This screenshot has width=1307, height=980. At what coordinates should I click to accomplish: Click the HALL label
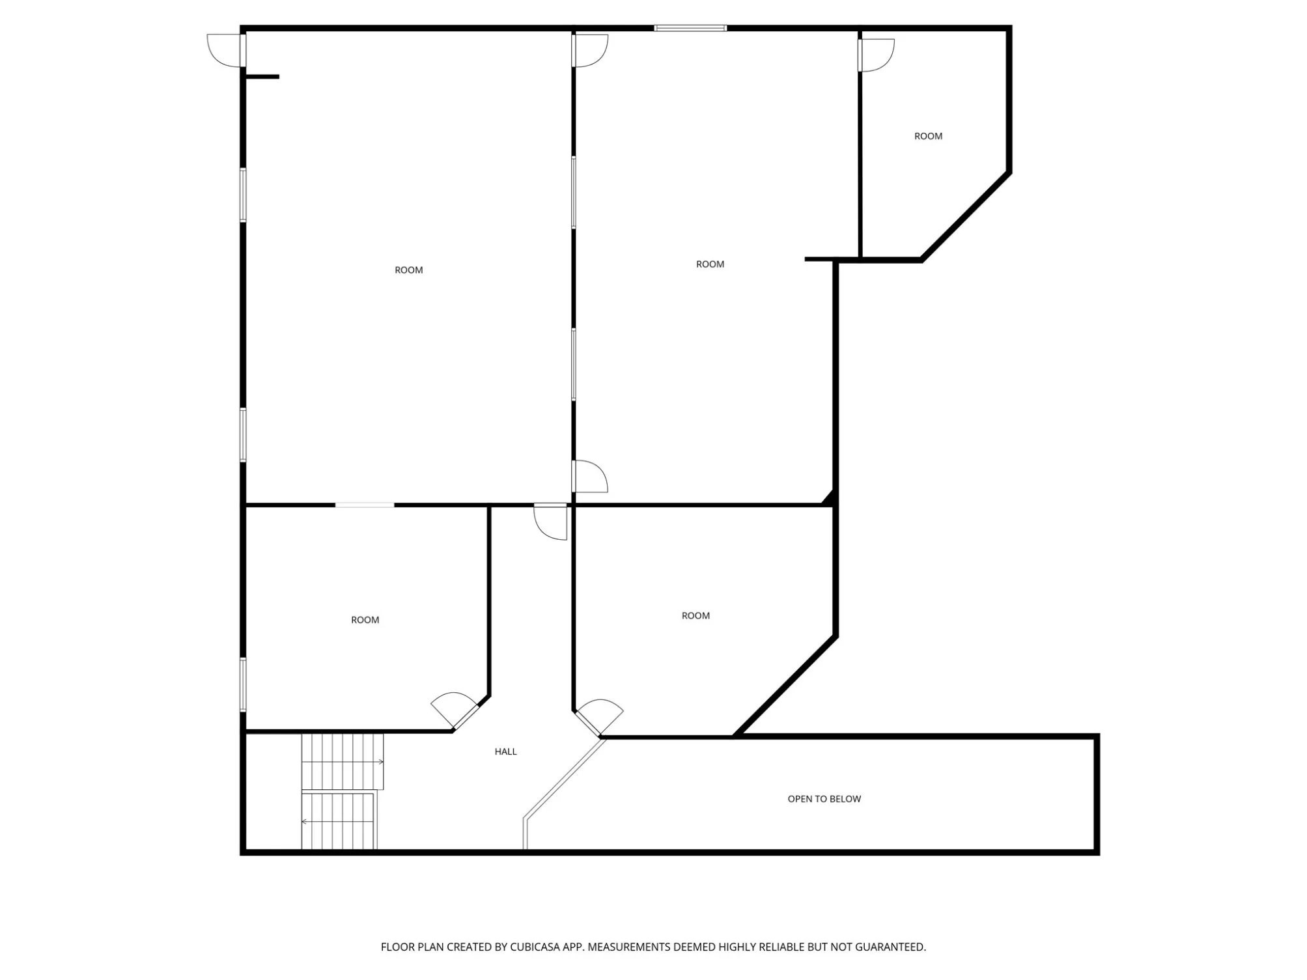coord(505,751)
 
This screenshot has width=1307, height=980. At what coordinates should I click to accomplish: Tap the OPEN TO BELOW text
coord(824,799)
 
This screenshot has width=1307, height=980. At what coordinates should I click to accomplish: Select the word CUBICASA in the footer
coord(535,947)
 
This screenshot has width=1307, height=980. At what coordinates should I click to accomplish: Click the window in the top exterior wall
coord(690,28)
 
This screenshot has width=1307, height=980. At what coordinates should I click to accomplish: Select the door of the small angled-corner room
coord(877,55)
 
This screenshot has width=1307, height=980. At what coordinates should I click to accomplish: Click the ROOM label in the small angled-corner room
coord(928,136)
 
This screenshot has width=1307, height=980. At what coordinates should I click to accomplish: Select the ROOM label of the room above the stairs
coord(365,620)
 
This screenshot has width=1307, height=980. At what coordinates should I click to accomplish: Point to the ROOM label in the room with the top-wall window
coord(710,264)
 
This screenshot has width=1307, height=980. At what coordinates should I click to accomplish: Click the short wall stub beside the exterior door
coord(262,77)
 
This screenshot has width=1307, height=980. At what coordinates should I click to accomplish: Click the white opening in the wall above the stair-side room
coord(365,505)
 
